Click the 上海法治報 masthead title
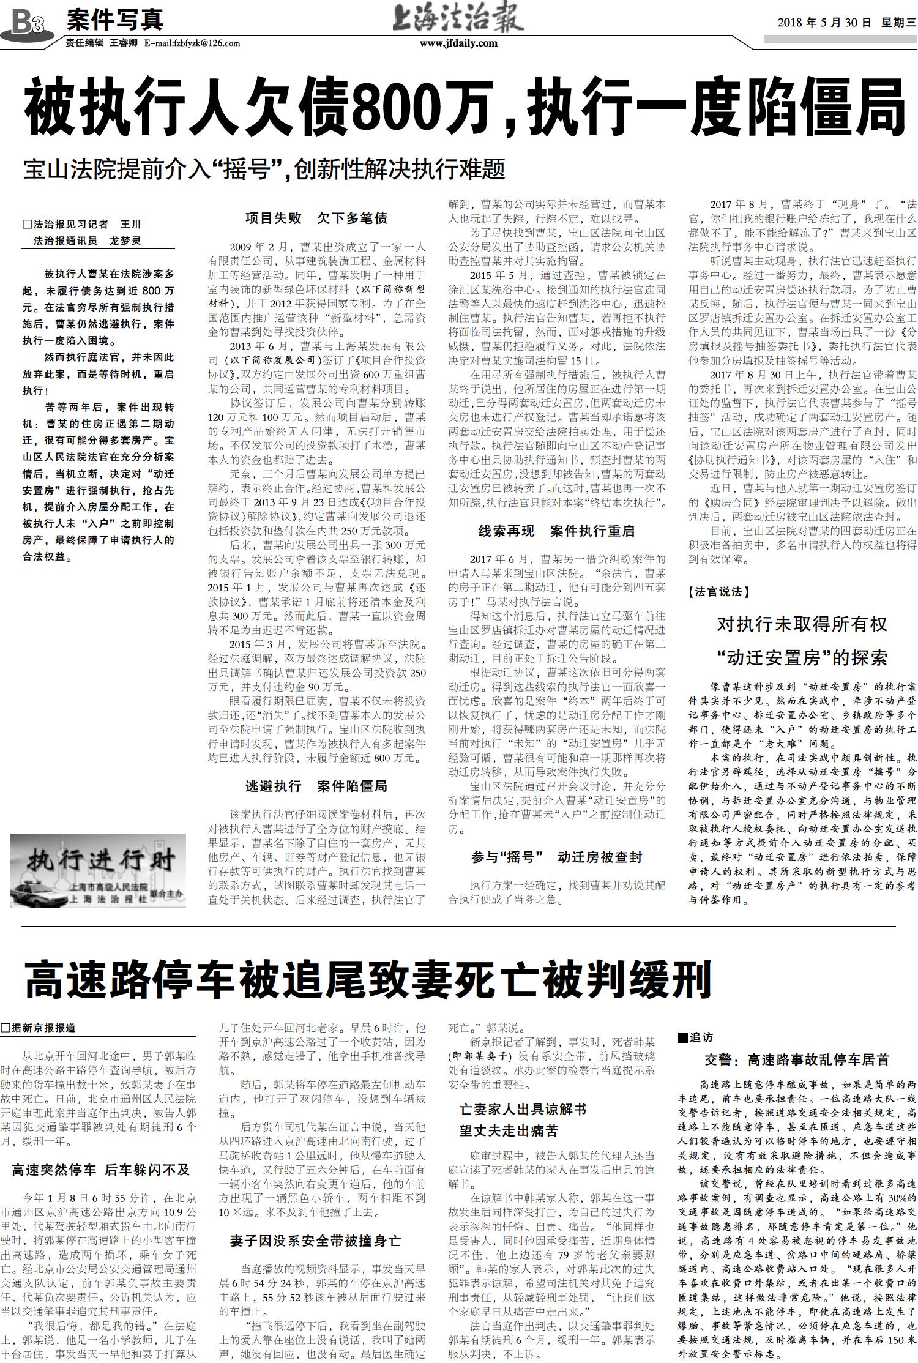tap(459, 19)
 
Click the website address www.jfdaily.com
tap(458, 43)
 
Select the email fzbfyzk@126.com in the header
tap(192, 43)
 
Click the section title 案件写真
tap(114, 20)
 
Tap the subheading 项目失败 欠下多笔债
tap(316, 218)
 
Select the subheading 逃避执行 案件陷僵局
tap(316, 786)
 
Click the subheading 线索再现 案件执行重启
tap(556, 531)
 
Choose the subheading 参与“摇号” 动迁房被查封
tap(556, 857)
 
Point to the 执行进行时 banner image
tap(99, 870)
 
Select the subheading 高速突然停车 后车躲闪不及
tap(101, 1170)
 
